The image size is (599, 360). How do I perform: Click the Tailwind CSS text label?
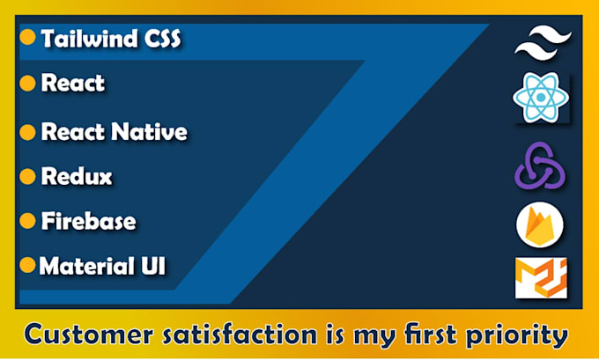[112, 39]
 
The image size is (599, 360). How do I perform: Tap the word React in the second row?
[73, 84]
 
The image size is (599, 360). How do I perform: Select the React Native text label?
[114, 133]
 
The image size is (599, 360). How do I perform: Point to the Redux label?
[77, 176]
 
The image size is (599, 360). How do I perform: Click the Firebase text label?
[88, 221]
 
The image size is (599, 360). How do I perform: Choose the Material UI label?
[102, 265]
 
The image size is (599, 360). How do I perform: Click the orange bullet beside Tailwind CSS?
[27, 37]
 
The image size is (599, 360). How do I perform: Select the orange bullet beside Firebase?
[27, 220]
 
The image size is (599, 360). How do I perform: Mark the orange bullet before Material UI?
[27, 264]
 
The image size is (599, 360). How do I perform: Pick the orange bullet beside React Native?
[27, 132]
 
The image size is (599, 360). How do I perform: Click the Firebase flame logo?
[539, 226]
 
